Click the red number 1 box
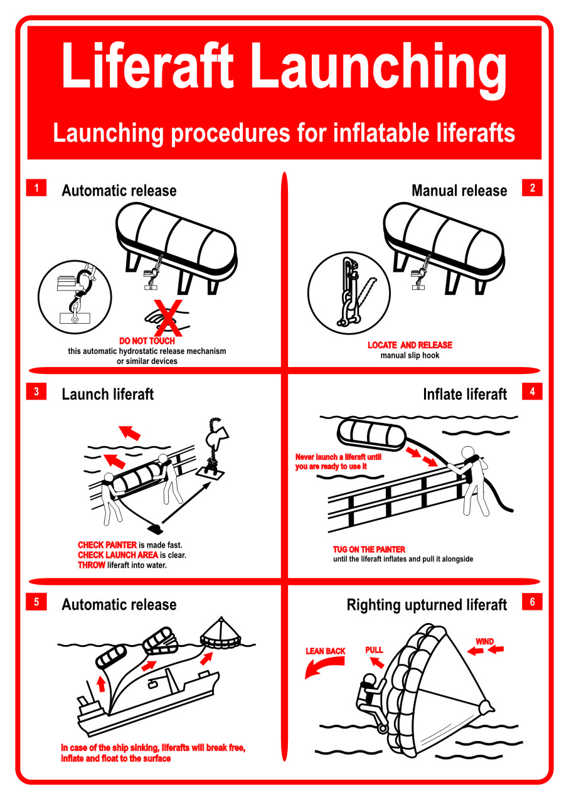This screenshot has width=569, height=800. (x=36, y=188)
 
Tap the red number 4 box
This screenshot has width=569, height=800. (x=532, y=392)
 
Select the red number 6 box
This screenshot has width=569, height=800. (x=532, y=602)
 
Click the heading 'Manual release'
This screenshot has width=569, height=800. (x=459, y=191)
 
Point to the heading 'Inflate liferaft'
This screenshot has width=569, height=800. (x=465, y=395)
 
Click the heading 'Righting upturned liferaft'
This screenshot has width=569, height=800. (x=427, y=605)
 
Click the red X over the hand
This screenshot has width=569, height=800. (x=169, y=317)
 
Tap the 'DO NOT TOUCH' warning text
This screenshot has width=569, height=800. (x=147, y=341)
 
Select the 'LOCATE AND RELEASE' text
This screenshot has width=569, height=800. (x=410, y=345)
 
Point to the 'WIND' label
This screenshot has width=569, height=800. (x=484, y=642)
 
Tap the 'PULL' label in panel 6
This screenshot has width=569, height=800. (x=374, y=650)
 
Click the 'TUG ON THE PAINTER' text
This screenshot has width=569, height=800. (x=369, y=550)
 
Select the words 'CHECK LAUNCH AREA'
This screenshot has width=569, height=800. (x=118, y=555)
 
